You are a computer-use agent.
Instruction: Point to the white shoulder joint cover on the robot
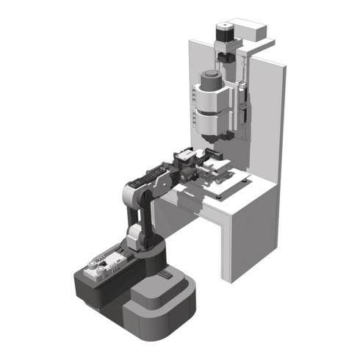click(x=135, y=236)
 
